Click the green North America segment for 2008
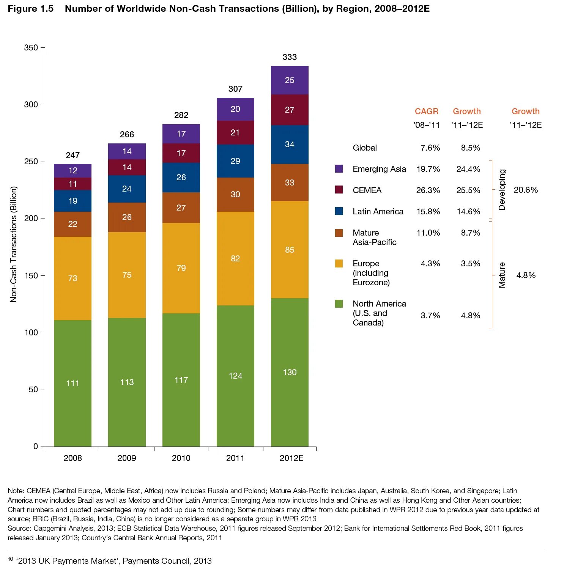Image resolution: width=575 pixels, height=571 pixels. click(x=72, y=383)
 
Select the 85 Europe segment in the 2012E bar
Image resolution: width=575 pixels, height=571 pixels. click(x=290, y=250)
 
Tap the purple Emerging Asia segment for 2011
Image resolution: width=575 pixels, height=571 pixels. click(x=235, y=109)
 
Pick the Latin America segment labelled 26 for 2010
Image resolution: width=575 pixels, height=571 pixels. click(x=181, y=178)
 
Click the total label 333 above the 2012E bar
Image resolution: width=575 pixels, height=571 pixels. click(x=290, y=57)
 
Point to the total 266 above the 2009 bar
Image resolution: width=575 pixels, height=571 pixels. click(x=127, y=135)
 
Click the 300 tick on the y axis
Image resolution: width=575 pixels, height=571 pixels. click(x=31, y=105)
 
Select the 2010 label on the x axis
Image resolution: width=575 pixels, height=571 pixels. click(x=181, y=458)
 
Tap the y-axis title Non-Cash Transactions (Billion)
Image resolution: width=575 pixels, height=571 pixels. click(x=14, y=244)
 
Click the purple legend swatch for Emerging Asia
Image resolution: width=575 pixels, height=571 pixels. click(x=339, y=169)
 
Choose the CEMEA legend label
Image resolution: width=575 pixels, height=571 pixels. click(x=367, y=190)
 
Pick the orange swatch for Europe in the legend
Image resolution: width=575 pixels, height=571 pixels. click(x=339, y=264)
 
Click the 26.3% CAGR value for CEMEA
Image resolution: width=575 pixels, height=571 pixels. click(x=428, y=190)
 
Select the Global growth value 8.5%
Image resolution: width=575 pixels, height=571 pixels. click(x=471, y=148)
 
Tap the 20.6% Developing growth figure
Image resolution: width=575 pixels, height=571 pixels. click(x=526, y=190)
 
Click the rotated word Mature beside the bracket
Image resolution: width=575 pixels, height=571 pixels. click(x=502, y=275)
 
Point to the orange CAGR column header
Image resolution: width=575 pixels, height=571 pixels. click(x=427, y=112)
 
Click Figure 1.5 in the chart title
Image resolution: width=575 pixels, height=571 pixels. click(x=31, y=9)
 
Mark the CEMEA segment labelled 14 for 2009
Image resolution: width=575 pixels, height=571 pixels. click(x=127, y=167)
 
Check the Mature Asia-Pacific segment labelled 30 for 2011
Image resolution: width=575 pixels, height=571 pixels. click(x=235, y=195)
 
